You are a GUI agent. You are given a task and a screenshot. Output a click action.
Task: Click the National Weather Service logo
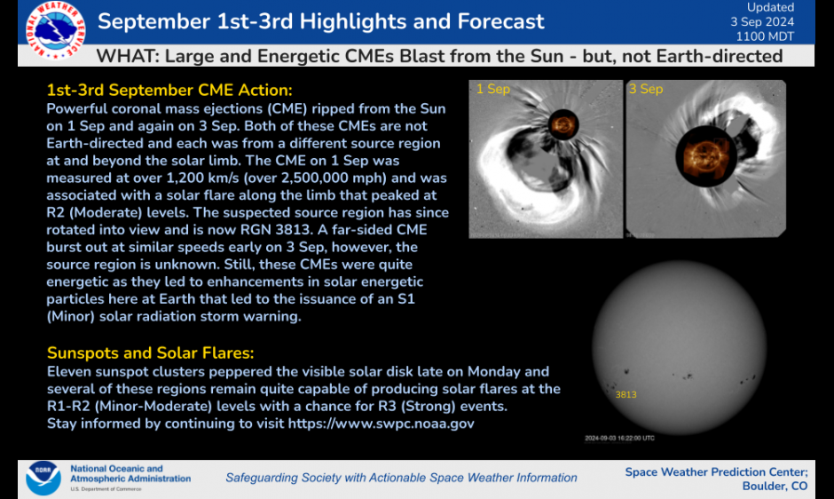[56, 29]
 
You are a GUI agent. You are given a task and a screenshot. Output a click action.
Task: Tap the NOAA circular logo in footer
[43, 478]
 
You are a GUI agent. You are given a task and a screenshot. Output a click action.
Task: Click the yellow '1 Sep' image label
[493, 90]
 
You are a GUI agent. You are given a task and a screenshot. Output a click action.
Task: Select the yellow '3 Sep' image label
[646, 90]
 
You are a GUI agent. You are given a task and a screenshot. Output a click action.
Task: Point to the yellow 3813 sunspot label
[626, 395]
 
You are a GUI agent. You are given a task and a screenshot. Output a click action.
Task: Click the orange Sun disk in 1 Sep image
[562, 124]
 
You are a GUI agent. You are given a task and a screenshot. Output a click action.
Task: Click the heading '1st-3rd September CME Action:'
[169, 91]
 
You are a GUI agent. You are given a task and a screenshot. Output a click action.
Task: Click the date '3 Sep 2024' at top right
[762, 22]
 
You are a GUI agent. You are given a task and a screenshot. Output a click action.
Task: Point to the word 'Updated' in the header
[770, 8]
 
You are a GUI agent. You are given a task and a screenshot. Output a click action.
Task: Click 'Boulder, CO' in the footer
[775, 487]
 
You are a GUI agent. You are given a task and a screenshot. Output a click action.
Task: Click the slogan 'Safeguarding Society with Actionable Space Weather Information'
[401, 478]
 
